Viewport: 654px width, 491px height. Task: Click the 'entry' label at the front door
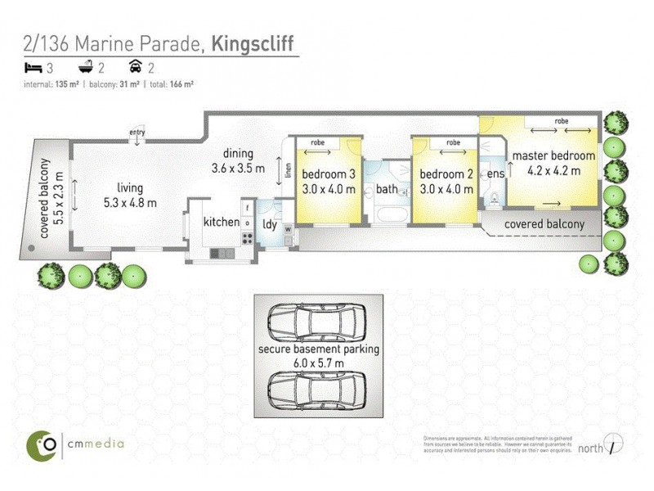[x=136, y=132]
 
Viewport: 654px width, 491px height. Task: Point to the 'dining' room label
[x=238, y=153]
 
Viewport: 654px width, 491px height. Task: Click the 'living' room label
[x=130, y=187]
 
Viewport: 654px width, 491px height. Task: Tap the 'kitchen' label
[x=221, y=222]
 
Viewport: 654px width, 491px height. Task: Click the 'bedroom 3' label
[x=329, y=174]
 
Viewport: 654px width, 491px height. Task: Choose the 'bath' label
[x=387, y=190]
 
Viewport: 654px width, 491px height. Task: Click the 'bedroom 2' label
[x=446, y=174]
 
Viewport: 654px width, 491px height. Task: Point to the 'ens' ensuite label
[x=495, y=174]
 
